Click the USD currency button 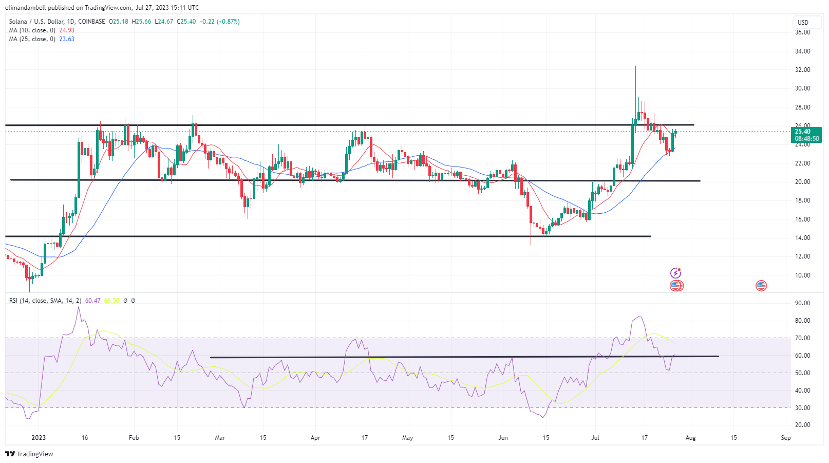click(x=803, y=22)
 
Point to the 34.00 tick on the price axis click(x=802, y=51)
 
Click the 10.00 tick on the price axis click(x=802, y=275)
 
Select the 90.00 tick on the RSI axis click(x=802, y=303)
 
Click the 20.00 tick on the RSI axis click(x=802, y=425)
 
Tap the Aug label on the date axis click(x=690, y=438)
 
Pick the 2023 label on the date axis click(x=39, y=438)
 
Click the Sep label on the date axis click(x=785, y=438)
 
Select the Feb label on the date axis click(x=134, y=438)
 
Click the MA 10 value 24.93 click(x=67, y=30)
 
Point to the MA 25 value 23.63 click(x=67, y=39)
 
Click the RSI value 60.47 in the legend click(x=93, y=301)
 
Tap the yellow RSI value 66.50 click(x=111, y=301)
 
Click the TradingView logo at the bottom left click(x=29, y=454)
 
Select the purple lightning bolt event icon click(x=676, y=273)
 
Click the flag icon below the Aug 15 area click(x=761, y=286)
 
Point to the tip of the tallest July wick click(x=635, y=66)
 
